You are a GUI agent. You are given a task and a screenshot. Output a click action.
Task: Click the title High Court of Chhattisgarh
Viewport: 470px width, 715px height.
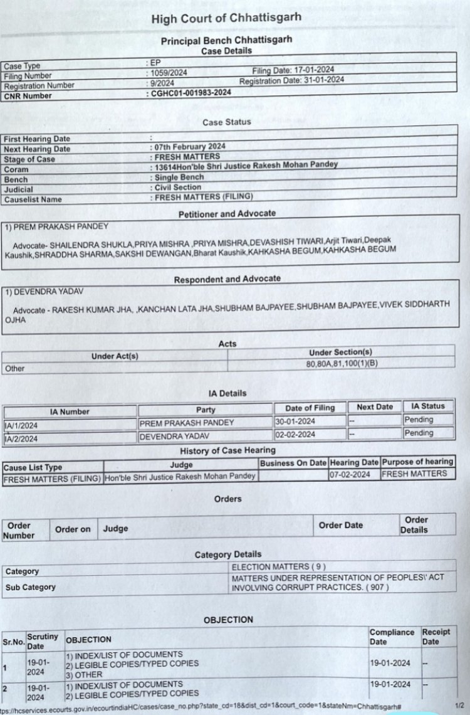coord(226,19)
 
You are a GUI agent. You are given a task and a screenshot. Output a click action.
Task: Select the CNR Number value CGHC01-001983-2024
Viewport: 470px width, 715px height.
coord(191,93)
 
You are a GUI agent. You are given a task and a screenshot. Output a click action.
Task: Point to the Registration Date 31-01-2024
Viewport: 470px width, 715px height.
coord(291,80)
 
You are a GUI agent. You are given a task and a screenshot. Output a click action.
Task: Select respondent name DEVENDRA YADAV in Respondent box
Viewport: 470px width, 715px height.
coord(43,292)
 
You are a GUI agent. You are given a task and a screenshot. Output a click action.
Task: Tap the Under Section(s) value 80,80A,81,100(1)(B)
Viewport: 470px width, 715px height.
coord(342,363)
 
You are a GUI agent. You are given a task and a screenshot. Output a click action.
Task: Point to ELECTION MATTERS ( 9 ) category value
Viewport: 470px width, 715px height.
coord(278,566)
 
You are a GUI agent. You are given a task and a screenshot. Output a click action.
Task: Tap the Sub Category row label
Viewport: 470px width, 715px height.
coord(31,588)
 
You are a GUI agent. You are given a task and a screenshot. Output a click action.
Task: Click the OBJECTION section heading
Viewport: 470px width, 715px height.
coord(228,620)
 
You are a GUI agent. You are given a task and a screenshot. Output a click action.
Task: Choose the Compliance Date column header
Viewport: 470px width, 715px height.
coord(392,637)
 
